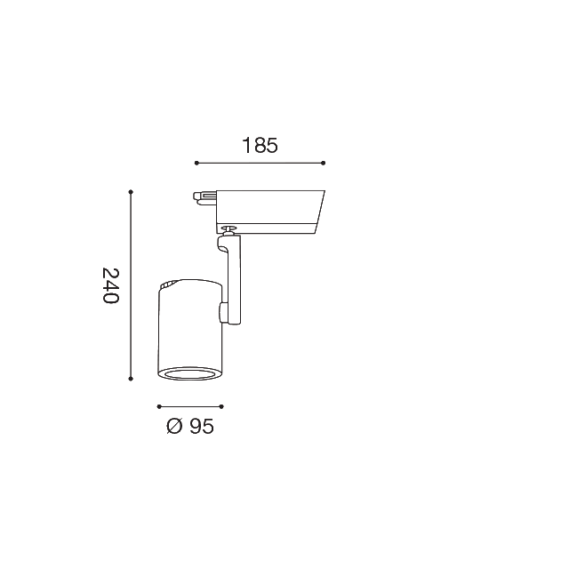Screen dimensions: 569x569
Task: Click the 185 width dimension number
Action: [260, 146]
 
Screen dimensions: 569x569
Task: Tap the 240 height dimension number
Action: [109, 285]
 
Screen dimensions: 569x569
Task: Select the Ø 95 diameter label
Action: [190, 427]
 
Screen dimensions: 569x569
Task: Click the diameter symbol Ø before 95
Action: [174, 427]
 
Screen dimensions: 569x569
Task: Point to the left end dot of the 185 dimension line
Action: [196, 163]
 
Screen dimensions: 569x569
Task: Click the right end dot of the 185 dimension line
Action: [324, 163]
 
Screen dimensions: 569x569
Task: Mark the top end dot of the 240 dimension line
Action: [131, 191]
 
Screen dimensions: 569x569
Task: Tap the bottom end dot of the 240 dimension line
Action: [131, 380]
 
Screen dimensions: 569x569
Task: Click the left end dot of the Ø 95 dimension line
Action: [158, 406]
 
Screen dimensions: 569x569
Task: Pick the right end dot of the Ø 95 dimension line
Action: [221, 406]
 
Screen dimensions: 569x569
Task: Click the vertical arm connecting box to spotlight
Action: [234, 280]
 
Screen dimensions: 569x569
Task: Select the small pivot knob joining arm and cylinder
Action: [223, 312]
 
